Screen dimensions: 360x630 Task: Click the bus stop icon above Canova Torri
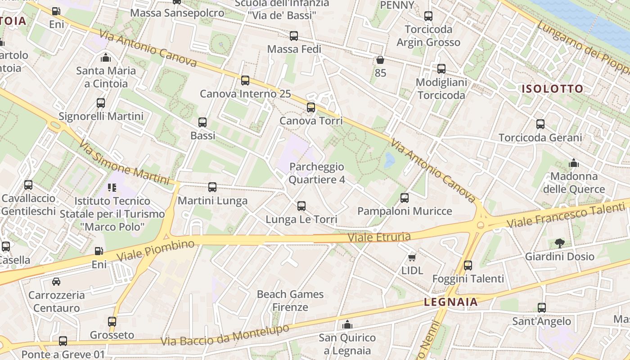pyautogui.click(x=311, y=108)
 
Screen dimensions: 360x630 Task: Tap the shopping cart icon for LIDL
pyautogui.click(x=411, y=257)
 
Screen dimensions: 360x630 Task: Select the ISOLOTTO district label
pyautogui.click(x=553, y=89)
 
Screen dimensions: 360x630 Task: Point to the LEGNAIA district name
pyautogui.click(x=451, y=302)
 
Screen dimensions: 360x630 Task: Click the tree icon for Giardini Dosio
pyautogui.click(x=559, y=243)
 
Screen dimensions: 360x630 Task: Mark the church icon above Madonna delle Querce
pyautogui.click(x=574, y=163)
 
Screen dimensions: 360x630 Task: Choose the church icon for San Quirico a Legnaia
pyautogui.click(x=347, y=324)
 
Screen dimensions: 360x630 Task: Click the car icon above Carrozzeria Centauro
pyautogui.click(x=56, y=282)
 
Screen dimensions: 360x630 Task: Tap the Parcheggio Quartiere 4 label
pyautogui.click(x=317, y=173)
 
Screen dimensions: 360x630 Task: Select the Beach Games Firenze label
pyautogui.click(x=290, y=301)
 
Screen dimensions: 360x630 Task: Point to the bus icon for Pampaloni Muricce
pyautogui.click(x=405, y=198)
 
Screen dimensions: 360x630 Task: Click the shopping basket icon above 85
pyautogui.click(x=380, y=60)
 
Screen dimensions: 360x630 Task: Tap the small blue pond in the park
pyautogui.click(x=390, y=160)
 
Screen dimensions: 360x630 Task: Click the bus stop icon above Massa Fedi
pyautogui.click(x=294, y=36)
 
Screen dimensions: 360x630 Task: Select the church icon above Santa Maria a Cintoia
pyautogui.click(x=106, y=58)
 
